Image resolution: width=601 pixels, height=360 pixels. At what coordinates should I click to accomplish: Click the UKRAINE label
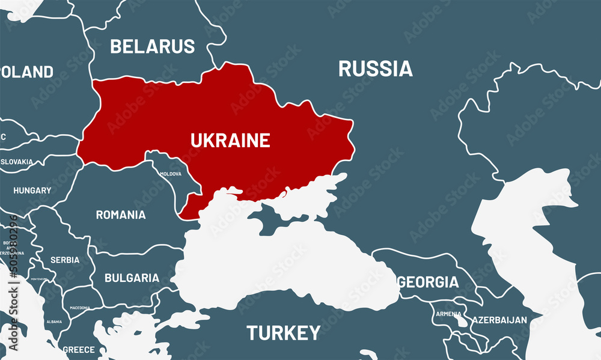click(x=230, y=141)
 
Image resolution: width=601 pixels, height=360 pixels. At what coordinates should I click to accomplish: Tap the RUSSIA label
click(x=376, y=69)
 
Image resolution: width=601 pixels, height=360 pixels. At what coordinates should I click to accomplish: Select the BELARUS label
click(x=153, y=46)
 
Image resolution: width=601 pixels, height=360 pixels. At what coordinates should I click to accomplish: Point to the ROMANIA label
click(x=121, y=215)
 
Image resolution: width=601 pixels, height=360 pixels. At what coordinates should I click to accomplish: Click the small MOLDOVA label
click(x=170, y=174)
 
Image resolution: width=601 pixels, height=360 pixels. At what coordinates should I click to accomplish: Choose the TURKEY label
click(x=284, y=332)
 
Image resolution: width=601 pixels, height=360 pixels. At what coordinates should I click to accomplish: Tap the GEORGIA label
click(x=428, y=282)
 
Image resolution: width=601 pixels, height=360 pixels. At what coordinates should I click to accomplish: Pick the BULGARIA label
click(x=132, y=278)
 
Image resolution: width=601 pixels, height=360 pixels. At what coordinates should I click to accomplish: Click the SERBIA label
click(x=65, y=260)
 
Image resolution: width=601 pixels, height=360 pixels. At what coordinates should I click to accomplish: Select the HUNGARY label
click(x=32, y=191)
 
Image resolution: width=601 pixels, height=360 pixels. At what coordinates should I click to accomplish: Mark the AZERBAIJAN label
click(x=499, y=320)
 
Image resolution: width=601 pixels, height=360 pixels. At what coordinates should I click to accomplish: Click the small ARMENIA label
click(x=449, y=314)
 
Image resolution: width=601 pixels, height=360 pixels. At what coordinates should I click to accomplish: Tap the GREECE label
click(x=79, y=349)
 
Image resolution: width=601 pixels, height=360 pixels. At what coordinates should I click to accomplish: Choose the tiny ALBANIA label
click(x=54, y=322)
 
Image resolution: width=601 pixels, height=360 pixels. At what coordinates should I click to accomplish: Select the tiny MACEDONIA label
click(x=79, y=307)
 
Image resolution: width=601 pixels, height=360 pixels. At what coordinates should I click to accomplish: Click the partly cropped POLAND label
click(x=26, y=72)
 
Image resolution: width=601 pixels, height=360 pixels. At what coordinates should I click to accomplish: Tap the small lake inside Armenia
click(x=462, y=322)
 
